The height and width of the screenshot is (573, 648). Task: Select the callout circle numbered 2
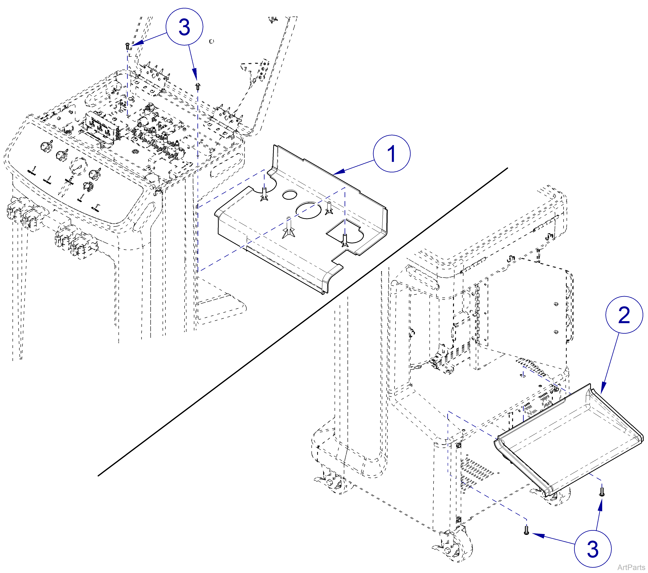click(x=624, y=315)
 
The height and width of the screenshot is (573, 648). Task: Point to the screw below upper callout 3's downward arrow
click(x=198, y=86)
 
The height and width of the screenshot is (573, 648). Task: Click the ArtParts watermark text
click(x=631, y=567)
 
